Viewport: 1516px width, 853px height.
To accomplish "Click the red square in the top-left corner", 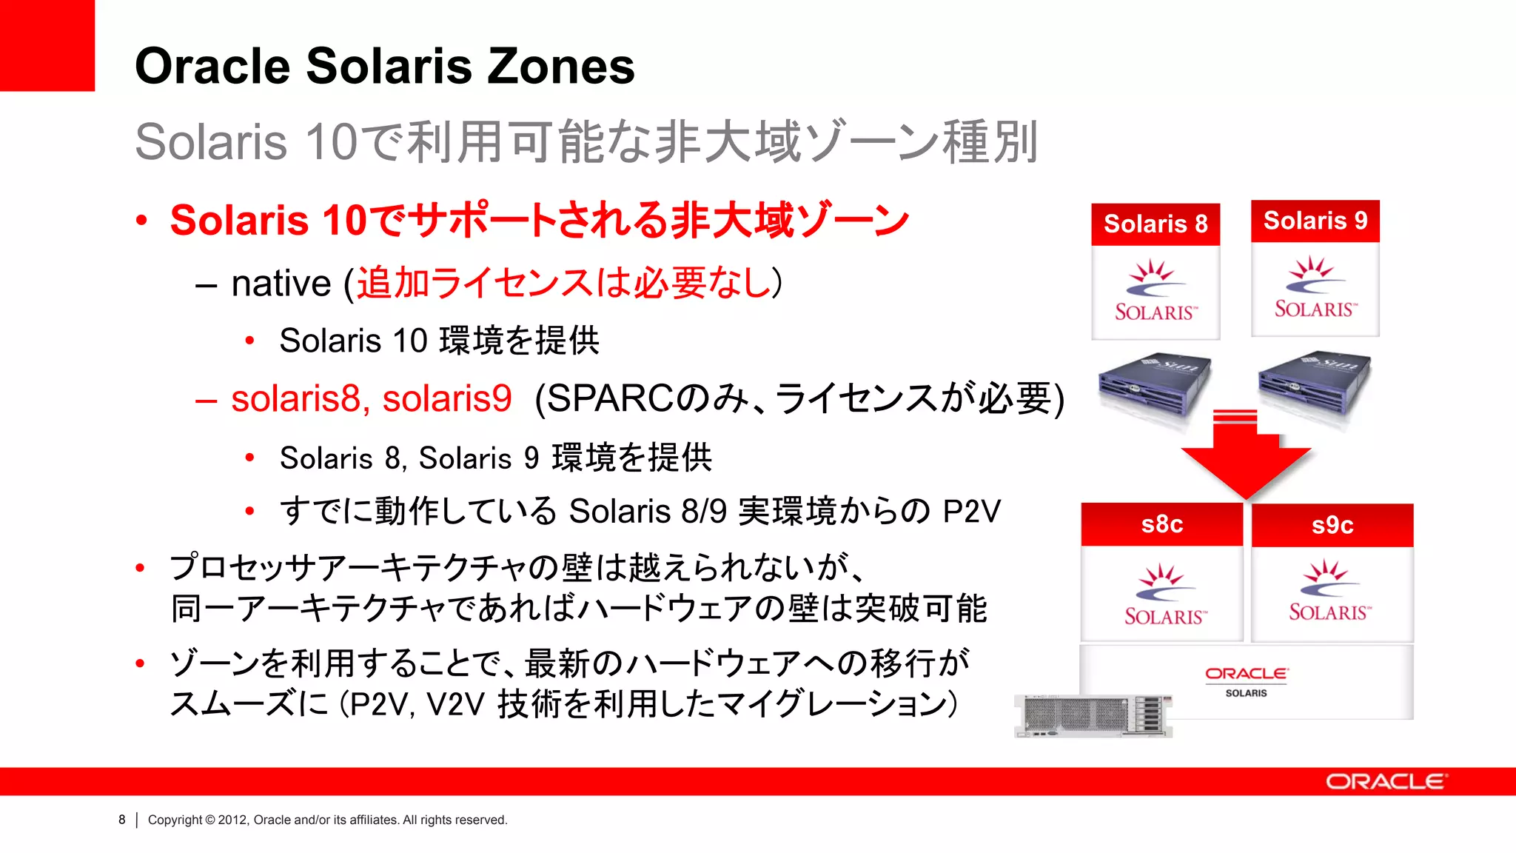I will (47, 45).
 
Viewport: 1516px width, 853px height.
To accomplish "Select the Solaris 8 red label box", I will (1155, 224).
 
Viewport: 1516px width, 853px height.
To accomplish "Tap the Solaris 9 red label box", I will (1315, 221).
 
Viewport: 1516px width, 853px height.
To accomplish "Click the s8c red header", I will (1161, 524).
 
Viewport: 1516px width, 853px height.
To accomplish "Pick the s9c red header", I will (1332, 525).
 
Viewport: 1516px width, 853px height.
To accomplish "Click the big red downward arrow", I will (1246, 459).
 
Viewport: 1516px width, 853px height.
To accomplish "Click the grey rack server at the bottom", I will (1093, 715).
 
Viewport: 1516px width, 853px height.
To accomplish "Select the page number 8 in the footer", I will (122, 820).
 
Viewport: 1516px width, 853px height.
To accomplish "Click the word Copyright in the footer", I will (175, 820).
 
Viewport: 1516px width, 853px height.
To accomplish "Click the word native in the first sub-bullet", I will (281, 284).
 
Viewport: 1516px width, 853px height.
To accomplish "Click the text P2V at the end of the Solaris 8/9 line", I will (971, 512).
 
